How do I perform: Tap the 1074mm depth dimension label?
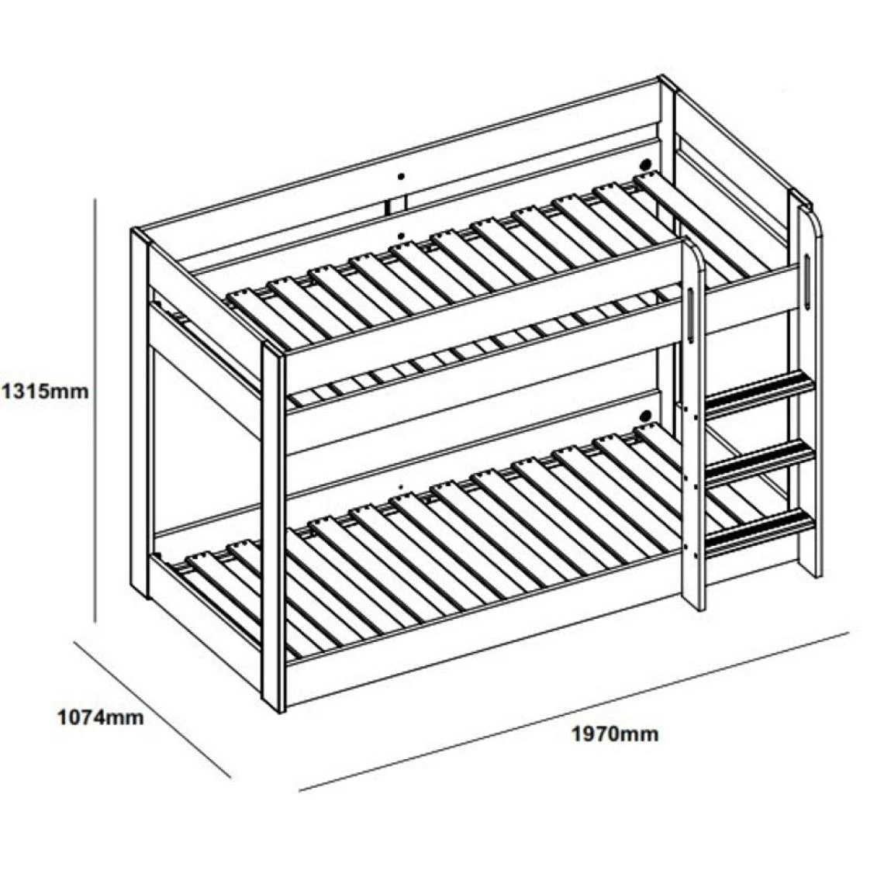(x=101, y=718)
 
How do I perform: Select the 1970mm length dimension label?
(x=615, y=734)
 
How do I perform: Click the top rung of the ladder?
(x=760, y=389)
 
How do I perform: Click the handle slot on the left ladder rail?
(x=691, y=315)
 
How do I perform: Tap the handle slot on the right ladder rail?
(x=807, y=280)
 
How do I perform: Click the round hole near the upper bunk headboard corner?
(x=644, y=164)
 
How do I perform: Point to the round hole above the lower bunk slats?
(x=644, y=416)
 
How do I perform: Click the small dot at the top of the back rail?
(x=401, y=177)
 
